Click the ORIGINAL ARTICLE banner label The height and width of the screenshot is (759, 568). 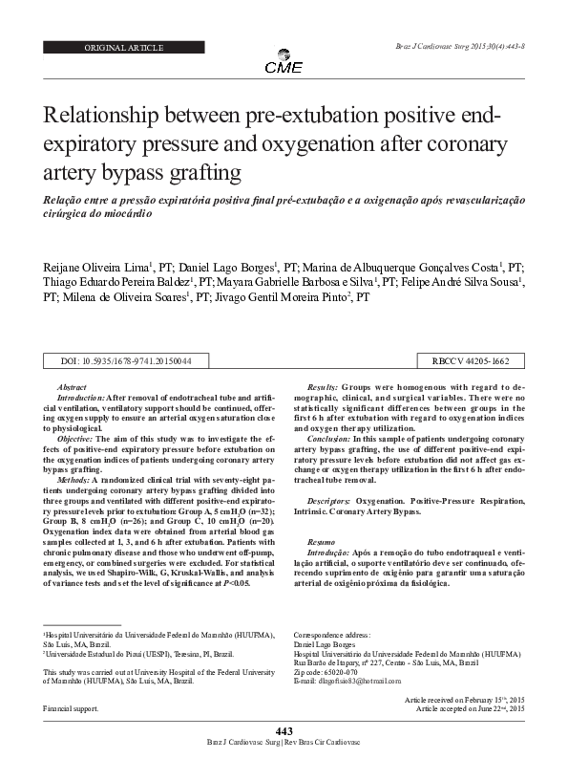click(124, 47)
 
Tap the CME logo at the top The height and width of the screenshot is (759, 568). click(284, 66)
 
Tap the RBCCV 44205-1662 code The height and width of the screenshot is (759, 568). click(472, 361)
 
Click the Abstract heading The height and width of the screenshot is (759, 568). click(73, 385)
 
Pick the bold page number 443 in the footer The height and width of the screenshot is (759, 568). click(284, 731)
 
